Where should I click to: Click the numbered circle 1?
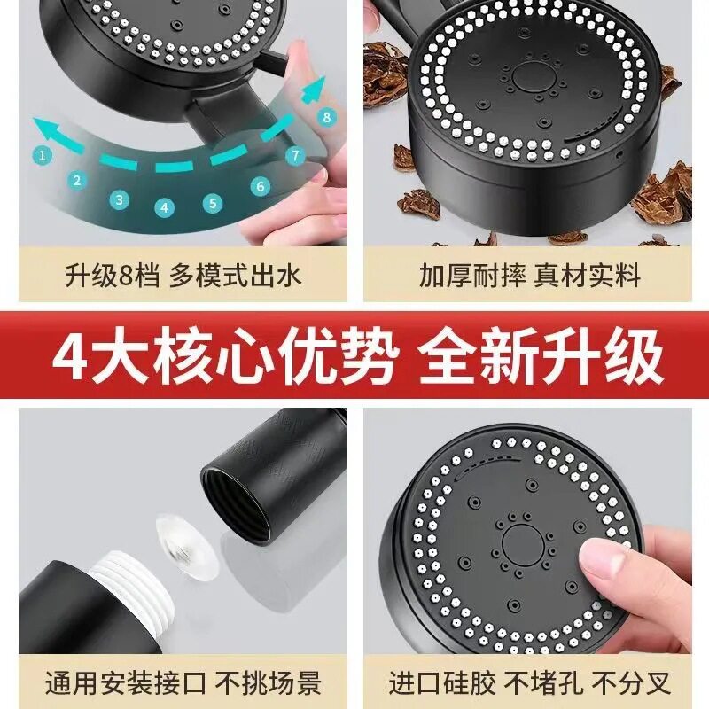(x=42, y=156)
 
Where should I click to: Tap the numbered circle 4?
(x=164, y=207)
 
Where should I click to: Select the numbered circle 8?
(x=327, y=118)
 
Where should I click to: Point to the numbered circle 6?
(x=261, y=186)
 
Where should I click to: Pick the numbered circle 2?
(x=77, y=181)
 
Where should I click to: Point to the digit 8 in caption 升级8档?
(x=128, y=276)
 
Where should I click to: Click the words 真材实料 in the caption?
(x=587, y=275)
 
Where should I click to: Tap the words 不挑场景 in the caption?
(x=268, y=682)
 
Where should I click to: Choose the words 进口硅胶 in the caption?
(x=441, y=682)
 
